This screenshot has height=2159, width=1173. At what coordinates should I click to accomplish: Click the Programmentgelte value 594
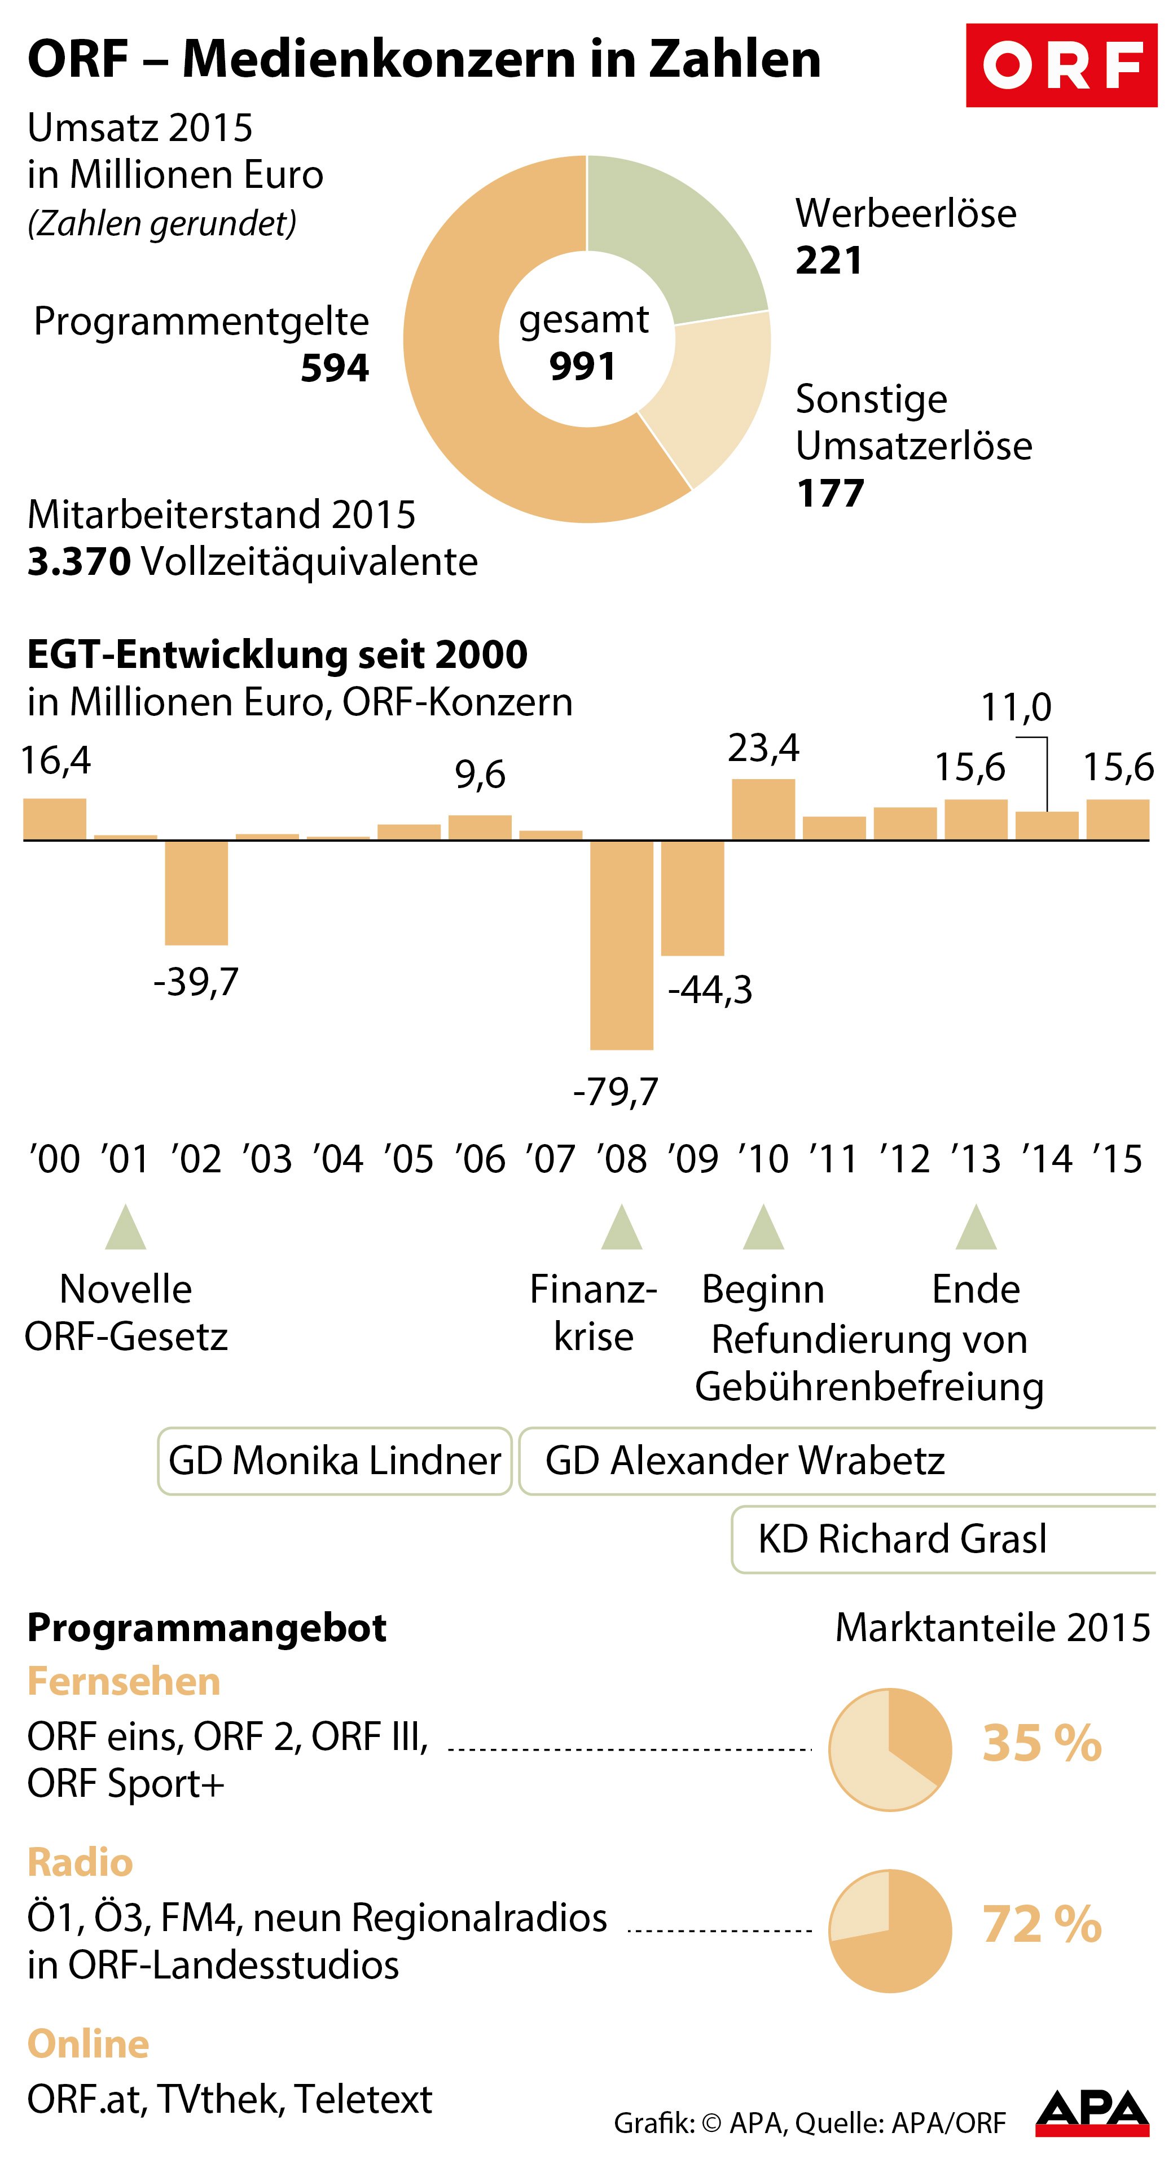pos(335,368)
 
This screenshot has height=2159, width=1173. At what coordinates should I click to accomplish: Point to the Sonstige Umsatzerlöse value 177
pos(830,493)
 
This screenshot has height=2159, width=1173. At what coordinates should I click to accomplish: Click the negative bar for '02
pos(196,892)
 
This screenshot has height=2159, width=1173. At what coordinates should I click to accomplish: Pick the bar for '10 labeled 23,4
pos(763,810)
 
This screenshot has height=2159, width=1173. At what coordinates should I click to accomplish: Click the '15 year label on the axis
pos(1118,1160)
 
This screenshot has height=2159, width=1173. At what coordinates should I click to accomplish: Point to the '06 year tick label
pos(481,1160)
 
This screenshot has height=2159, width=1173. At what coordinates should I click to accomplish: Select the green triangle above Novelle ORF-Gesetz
pos(126,1229)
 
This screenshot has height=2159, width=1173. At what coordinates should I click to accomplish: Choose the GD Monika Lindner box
pos(335,1461)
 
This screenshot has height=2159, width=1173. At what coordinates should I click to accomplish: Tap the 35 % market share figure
pos(1042,1743)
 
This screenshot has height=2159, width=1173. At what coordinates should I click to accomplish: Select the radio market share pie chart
pos(890,1931)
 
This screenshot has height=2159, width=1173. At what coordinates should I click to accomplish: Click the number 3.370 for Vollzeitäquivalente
pos(79,561)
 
